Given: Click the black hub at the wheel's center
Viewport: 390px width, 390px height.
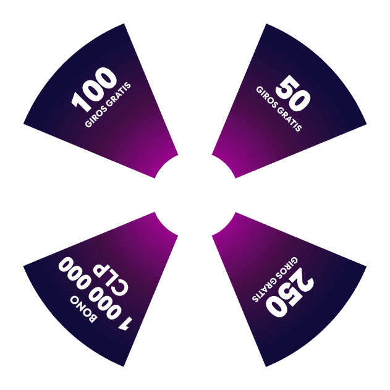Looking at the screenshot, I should click(x=195, y=195).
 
